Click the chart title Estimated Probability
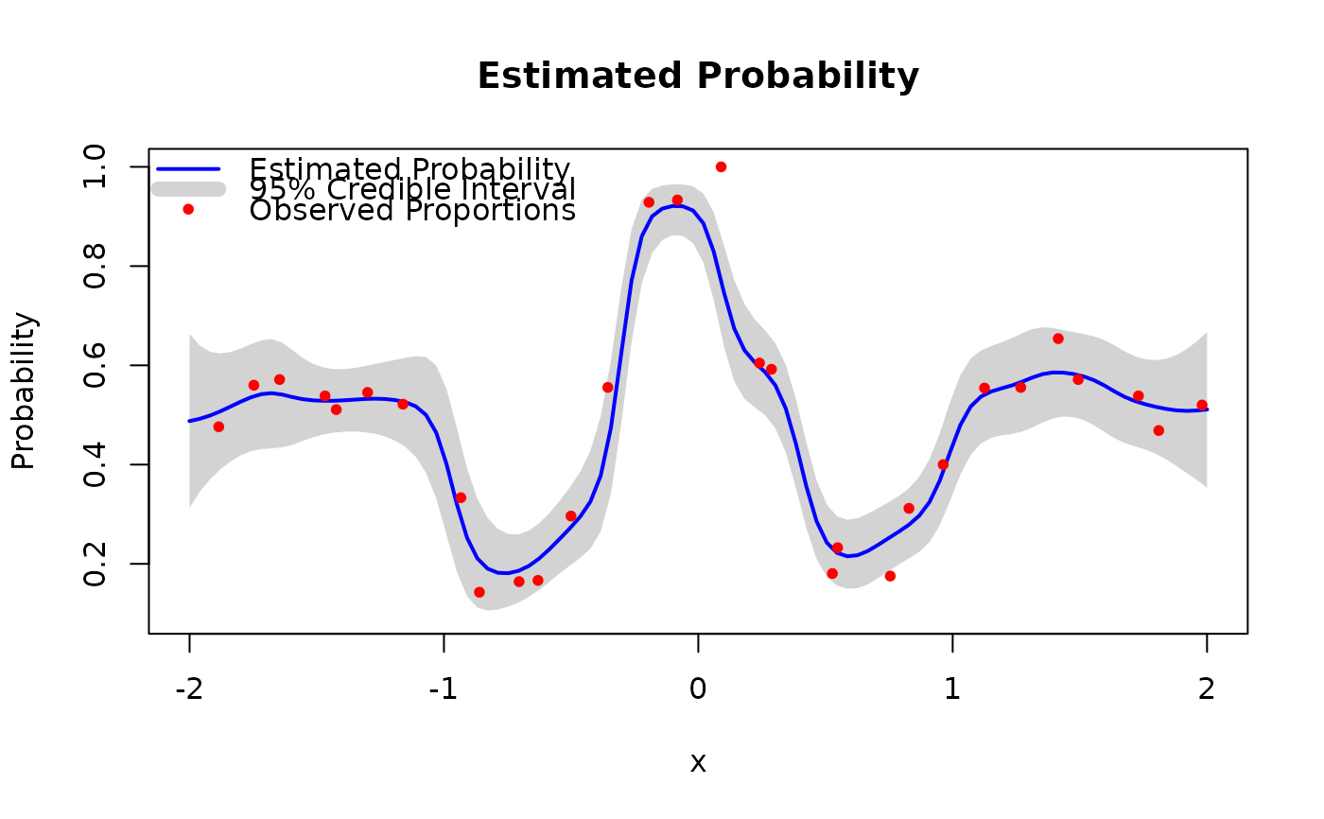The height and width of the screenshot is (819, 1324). click(x=698, y=77)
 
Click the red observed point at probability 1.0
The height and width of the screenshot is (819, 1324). click(x=721, y=167)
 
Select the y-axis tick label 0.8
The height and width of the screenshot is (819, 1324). click(x=95, y=267)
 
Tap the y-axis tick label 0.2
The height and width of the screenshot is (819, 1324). click(x=95, y=565)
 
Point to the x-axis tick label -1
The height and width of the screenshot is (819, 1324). click(x=444, y=689)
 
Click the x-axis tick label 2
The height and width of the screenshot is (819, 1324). click(x=1207, y=689)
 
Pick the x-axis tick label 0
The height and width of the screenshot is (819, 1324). click(x=698, y=689)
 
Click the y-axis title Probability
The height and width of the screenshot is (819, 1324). click(x=24, y=392)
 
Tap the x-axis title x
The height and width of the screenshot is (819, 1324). click(x=698, y=763)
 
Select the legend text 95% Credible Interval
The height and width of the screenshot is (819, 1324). click(x=412, y=190)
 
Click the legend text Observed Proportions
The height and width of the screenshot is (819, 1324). click(x=412, y=210)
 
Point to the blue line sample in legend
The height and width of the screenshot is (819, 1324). click(x=188, y=169)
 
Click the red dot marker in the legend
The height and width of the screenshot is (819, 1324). click(x=188, y=209)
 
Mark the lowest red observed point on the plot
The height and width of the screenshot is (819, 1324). click(x=479, y=592)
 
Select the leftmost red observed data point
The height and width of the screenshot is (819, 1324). click(x=218, y=427)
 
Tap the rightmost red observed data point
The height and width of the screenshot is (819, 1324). click(x=1202, y=406)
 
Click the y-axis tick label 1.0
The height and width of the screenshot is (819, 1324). click(x=95, y=167)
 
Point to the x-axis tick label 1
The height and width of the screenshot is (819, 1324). click(x=952, y=689)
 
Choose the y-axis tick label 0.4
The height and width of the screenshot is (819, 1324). click(x=95, y=465)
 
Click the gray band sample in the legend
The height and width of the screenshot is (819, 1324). click(x=188, y=189)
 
